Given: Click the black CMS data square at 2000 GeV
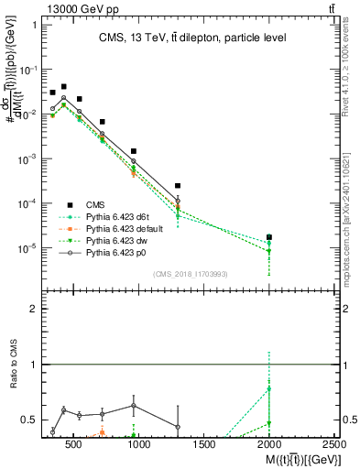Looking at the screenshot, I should tap(269, 237).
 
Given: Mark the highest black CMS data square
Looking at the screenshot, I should tap(63, 87).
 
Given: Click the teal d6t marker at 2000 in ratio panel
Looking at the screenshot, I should tap(269, 388).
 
